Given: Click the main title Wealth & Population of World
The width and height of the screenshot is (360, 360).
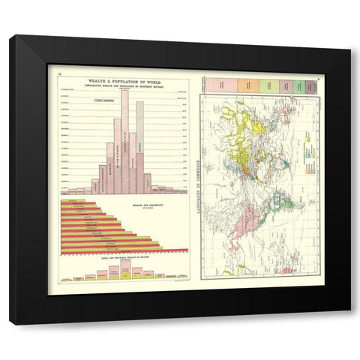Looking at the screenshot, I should [124, 80].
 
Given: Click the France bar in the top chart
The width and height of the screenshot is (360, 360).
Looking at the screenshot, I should [132, 162].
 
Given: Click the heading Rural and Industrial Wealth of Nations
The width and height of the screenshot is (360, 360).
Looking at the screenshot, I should [124, 258].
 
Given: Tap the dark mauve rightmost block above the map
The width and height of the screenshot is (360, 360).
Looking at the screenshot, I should [314, 86].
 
